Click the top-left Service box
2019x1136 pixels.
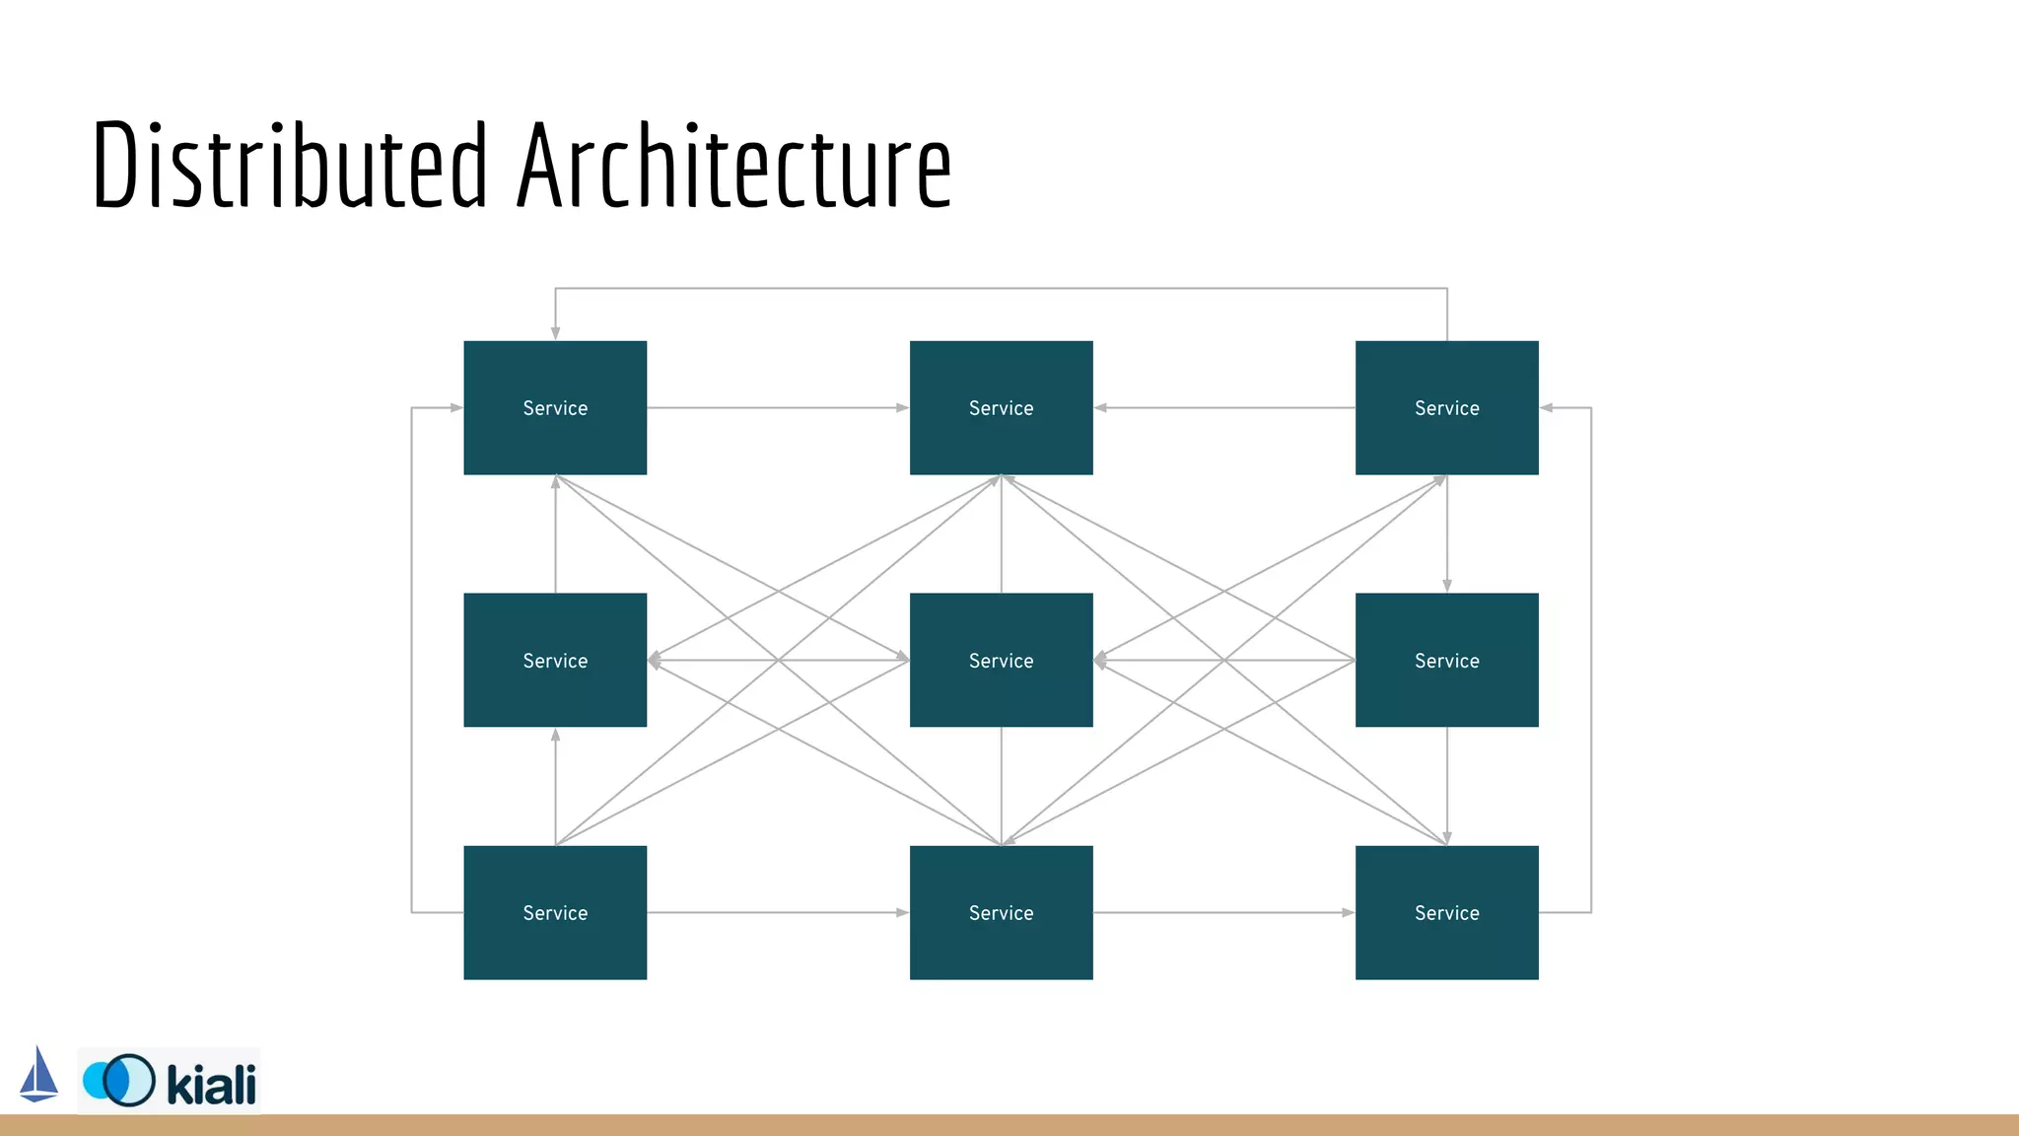(555, 407)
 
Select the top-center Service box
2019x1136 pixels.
(1001, 407)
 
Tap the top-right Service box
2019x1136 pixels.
(1446, 407)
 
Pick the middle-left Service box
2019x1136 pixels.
(555, 660)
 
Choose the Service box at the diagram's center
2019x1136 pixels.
(1001, 660)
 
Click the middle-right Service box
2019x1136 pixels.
(1446, 660)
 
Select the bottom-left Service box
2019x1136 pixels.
(555, 912)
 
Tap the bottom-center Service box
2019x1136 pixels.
(1001, 912)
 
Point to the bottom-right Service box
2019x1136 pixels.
(1446, 912)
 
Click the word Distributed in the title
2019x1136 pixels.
(289, 166)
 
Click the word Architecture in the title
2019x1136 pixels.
(734, 166)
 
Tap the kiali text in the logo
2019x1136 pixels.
(211, 1084)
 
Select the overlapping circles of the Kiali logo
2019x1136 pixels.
(119, 1080)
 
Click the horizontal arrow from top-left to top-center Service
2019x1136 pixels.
(778, 407)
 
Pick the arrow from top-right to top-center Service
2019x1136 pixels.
(1223, 407)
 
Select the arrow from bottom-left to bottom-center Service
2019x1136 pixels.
(778, 912)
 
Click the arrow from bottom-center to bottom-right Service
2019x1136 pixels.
(1223, 912)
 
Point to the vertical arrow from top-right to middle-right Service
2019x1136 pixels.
(1446, 533)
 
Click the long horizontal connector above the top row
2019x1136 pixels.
(1001, 288)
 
